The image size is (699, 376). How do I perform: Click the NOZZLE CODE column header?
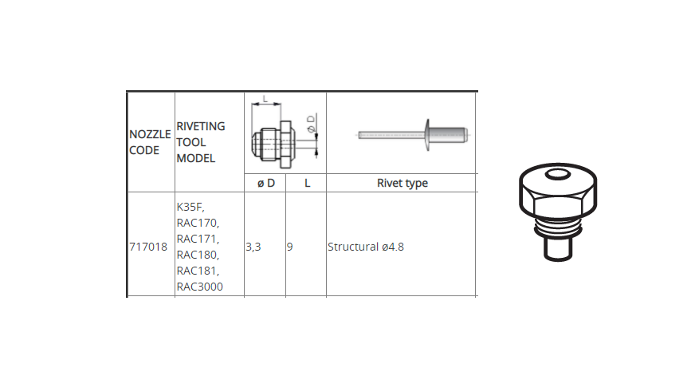150,142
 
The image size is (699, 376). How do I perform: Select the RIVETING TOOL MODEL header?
201,142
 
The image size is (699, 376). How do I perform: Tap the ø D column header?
266,183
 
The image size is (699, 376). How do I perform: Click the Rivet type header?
402,183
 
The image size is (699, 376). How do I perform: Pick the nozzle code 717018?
148,247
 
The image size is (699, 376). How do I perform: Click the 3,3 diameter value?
253,247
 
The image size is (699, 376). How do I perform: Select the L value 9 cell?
290,247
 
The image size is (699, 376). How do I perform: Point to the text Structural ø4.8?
366,247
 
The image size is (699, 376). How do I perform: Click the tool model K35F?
190,208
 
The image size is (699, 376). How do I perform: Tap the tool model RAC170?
198,223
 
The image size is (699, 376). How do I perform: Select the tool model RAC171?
198,239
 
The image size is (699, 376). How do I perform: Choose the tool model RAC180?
198,255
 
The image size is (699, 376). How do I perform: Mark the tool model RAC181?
198,271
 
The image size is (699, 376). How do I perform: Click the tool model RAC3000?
200,287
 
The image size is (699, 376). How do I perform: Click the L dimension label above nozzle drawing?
265,99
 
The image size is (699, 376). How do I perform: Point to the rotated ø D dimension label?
311,123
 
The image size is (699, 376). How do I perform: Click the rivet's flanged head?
427,135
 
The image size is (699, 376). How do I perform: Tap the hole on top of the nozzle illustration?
558,174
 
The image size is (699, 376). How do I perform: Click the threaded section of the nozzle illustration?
558,228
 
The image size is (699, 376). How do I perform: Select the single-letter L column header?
307,183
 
